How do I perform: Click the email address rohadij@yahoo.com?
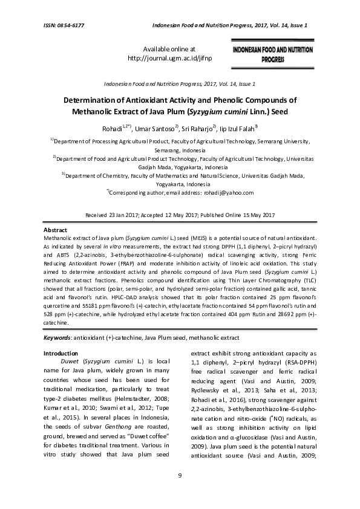tap(233, 193)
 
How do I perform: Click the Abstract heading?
tap(56, 230)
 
